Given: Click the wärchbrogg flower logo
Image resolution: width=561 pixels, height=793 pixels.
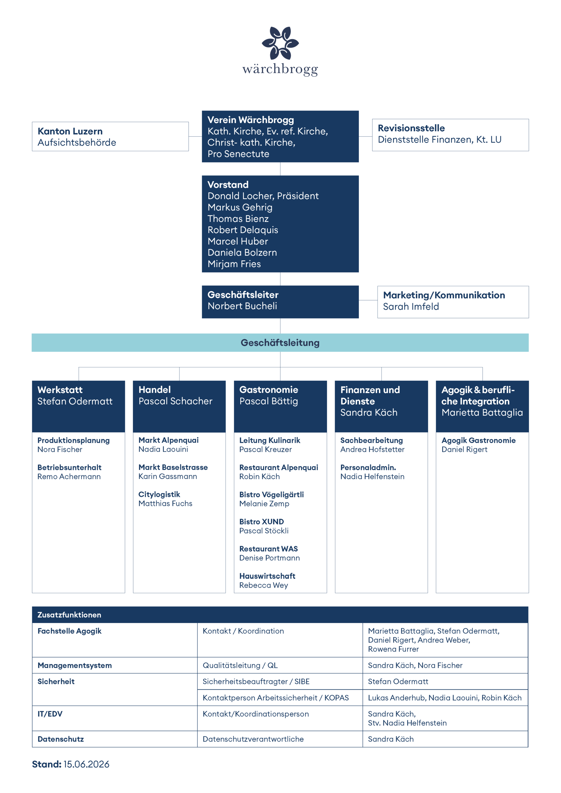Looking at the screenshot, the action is coord(280,43).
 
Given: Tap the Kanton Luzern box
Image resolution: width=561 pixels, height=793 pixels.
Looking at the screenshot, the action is coord(110,136).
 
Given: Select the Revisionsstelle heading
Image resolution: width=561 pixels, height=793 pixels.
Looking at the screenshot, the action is coord(411,128).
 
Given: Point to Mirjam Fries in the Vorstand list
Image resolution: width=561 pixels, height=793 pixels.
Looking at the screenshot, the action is coord(234,264).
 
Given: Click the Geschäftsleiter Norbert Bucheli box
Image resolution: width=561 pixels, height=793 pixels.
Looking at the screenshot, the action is coord(280,302).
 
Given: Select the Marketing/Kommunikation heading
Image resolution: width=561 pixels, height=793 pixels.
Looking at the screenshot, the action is coord(444,295).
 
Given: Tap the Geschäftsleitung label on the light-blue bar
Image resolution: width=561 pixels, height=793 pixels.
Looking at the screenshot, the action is coord(280,343).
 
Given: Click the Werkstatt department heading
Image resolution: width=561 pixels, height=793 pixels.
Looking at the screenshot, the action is coord(60,390).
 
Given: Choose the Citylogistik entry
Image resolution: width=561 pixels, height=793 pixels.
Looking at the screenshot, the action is coord(159,495).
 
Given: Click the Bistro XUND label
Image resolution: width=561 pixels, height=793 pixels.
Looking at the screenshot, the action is coord(262,522).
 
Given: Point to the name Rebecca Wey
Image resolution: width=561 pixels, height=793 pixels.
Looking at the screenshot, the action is coord(264,585).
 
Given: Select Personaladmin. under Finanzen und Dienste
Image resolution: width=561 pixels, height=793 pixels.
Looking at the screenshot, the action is coord(368,467).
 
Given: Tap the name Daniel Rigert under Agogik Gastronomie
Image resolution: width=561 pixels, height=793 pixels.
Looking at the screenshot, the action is coord(464,449).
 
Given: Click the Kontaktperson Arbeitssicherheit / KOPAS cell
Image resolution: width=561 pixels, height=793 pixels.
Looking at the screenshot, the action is coord(276,698).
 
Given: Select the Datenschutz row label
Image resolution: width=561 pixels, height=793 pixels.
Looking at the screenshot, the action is coord(60,739).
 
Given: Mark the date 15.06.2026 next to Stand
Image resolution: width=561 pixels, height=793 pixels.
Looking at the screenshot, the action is coord(86,764).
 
